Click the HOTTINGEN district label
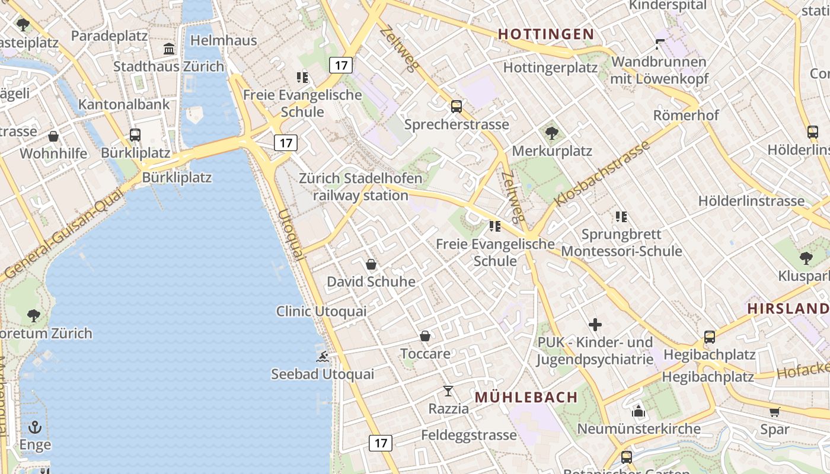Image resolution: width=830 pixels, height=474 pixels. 545,34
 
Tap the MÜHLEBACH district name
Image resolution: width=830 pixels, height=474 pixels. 526,397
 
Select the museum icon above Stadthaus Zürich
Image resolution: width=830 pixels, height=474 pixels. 169,49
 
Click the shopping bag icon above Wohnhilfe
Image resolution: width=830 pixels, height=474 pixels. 53,137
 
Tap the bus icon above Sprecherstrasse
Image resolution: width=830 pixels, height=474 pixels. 456,107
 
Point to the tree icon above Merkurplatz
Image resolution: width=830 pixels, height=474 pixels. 552,133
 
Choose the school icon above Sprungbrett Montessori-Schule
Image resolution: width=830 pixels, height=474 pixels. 621,217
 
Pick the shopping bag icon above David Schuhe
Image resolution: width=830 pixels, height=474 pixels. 371,264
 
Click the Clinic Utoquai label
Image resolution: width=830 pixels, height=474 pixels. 321,311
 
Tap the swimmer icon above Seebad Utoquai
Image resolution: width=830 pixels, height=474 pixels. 323,356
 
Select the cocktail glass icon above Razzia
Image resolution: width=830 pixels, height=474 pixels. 448,391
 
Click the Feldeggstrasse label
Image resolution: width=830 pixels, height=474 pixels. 469,435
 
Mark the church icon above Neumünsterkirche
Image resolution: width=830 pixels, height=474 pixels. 638,411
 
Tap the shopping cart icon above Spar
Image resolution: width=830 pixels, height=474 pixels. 774,412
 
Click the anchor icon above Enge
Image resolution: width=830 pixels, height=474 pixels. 35,427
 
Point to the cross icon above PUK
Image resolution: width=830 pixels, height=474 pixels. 595,325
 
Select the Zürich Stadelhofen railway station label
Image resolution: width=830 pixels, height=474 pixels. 360,187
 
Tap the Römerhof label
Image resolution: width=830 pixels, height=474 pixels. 686,115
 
